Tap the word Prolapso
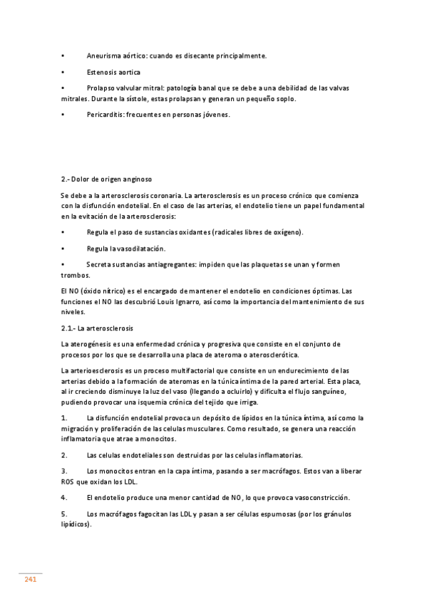101,89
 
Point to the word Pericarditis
104,115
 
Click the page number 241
31,579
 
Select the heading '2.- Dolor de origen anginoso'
106,179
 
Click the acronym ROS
68,481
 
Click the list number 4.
63,497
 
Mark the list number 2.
63,455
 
